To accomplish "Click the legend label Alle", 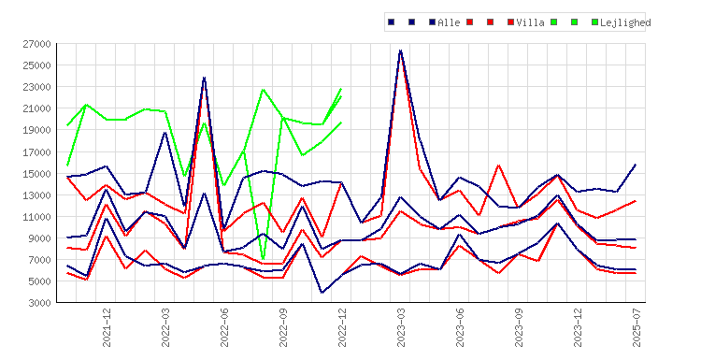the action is point(449,22).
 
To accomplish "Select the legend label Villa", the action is point(530,22).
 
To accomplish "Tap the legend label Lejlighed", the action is point(625,22).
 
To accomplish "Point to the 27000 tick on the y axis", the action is point(37,44).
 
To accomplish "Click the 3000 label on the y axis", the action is point(40,303).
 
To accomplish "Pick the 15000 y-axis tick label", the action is point(37,174).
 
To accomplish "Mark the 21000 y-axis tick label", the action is point(37,108).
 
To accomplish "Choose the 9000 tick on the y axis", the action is point(40,238).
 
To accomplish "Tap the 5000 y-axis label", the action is point(40,281).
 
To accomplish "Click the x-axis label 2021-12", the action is point(107,328).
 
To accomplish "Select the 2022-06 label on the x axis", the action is point(224,328).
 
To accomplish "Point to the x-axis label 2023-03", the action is point(401,328).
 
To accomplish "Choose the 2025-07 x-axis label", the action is point(637,328).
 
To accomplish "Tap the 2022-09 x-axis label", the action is point(283,328).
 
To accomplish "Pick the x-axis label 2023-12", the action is point(578,328).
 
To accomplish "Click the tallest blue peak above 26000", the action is point(401,50).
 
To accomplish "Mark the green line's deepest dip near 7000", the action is point(264,258).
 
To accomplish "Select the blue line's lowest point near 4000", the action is point(322,293).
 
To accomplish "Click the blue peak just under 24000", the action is point(205,78).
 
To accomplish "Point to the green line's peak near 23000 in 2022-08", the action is point(264,90).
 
